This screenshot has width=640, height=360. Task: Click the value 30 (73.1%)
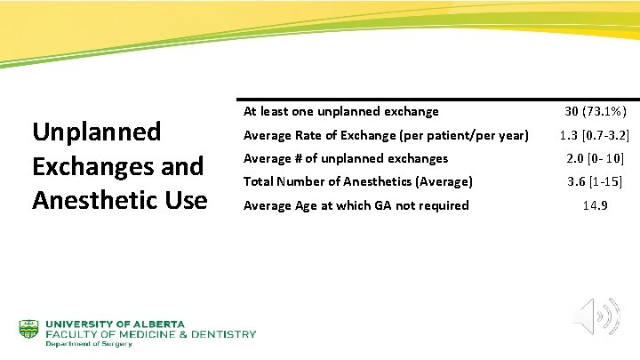pyautogui.click(x=595, y=112)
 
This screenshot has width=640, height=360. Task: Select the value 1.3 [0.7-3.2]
pyautogui.click(x=595, y=136)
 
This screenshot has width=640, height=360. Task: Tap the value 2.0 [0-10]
pyautogui.click(x=595, y=159)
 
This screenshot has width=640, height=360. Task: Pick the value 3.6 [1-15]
pyautogui.click(x=595, y=182)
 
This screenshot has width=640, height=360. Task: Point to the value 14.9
pyautogui.click(x=595, y=205)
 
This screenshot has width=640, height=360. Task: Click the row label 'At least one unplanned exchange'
pyautogui.click(x=340, y=112)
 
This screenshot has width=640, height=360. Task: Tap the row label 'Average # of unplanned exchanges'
pyautogui.click(x=345, y=159)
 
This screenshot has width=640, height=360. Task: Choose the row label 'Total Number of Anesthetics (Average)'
pyautogui.click(x=357, y=182)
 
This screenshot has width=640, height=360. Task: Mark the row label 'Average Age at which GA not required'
pyautogui.click(x=356, y=205)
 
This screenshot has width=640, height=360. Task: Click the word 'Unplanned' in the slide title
pyautogui.click(x=96, y=132)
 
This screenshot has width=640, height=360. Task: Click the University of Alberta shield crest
pyautogui.click(x=29, y=331)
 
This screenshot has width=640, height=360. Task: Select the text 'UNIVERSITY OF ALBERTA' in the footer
pyautogui.click(x=116, y=324)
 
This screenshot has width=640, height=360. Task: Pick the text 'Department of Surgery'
pyautogui.click(x=89, y=344)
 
